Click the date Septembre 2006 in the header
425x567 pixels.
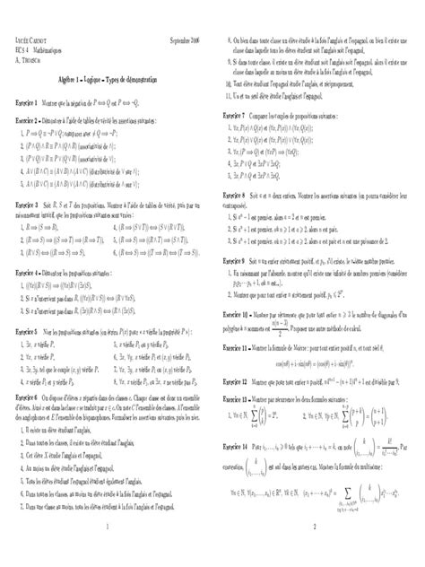click(x=186, y=41)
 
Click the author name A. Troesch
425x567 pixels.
click(x=31, y=59)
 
